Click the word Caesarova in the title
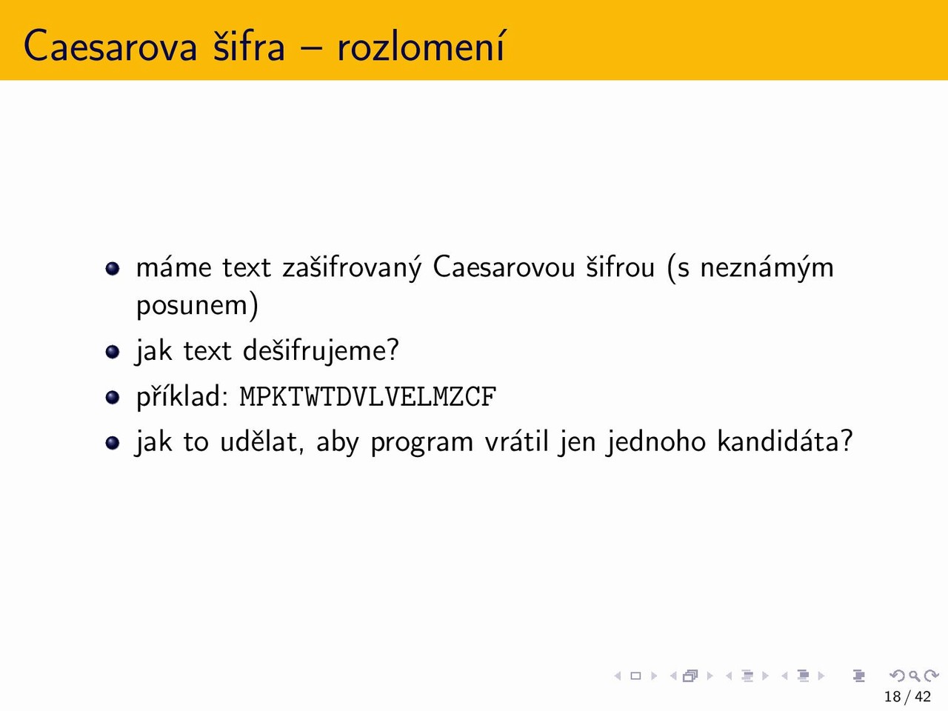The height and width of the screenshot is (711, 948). pos(110,45)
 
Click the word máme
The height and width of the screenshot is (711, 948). pos(173,267)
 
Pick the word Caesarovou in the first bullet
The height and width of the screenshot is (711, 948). pos(504,267)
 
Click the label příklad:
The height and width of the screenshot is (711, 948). pos(182,396)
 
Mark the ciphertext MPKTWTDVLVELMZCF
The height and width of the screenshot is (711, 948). pos(368,397)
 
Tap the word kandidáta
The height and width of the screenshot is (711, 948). pos(779,441)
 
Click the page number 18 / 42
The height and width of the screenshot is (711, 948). pos(907,696)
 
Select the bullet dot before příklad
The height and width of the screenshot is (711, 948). pos(113,397)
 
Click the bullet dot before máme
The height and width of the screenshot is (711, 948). pos(113,269)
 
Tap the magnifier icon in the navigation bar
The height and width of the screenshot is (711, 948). pos(914,675)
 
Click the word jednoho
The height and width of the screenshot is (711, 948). pos(656,442)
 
